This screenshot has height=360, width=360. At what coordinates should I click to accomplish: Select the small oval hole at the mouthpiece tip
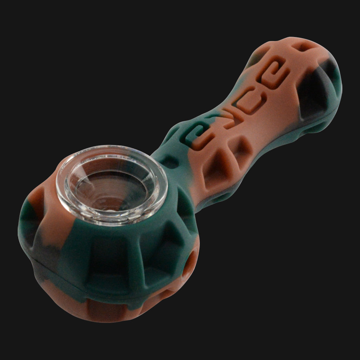coord(306,47)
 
